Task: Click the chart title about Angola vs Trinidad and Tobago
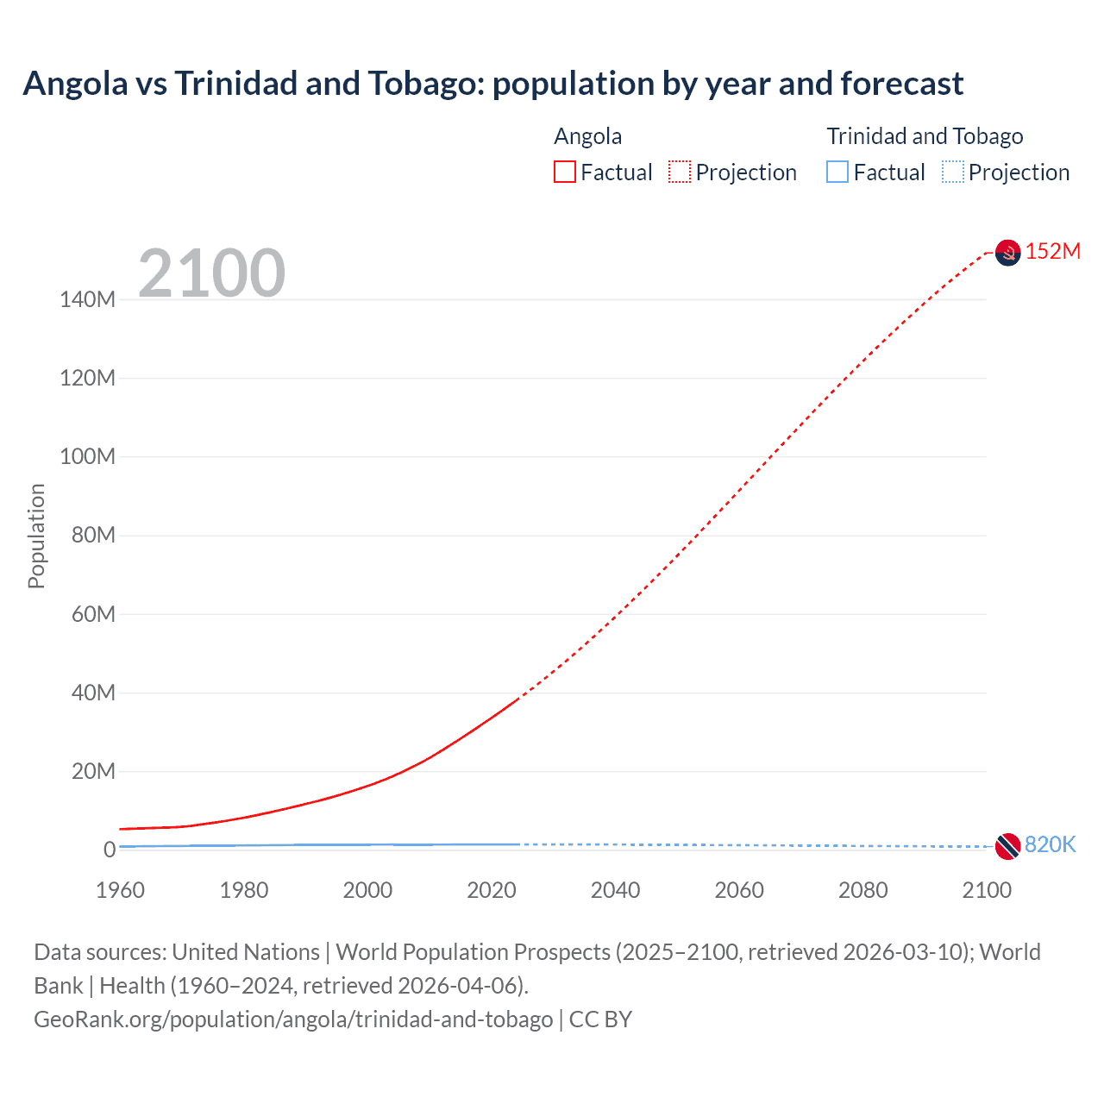point(492,84)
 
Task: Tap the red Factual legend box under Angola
point(564,172)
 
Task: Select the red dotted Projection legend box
point(680,172)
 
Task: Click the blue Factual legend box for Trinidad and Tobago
point(837,172)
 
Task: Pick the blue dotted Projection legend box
point(953,172)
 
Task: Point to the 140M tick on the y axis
point(87,300)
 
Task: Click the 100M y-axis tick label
point(87,457)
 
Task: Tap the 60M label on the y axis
point(92,614)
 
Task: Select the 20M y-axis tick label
point(92,771)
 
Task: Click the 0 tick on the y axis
point(109,850)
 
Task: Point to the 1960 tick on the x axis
point(120,890)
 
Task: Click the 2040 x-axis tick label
point(615,890)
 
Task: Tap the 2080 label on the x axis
point(862,890)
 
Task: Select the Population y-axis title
point(36,536)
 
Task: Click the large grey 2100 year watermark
point(211,273)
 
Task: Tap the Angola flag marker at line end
point(1007,253)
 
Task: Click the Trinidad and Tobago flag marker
point(1007,846)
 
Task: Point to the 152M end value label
point(1052,252)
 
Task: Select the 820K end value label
point(1050,845)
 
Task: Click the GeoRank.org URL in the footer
point(293,1019)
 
